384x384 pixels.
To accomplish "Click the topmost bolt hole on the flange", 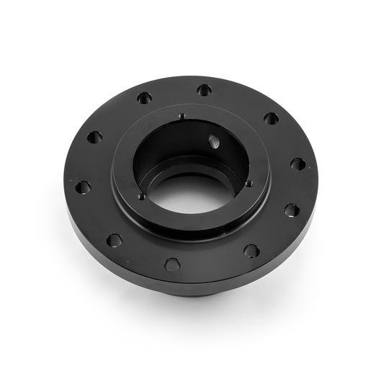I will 205,90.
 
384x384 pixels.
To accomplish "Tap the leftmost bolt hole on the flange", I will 83,187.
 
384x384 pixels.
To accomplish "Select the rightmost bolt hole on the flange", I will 298,164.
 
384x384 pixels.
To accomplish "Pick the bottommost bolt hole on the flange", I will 172,264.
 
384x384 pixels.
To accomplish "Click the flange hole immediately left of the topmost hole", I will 145,97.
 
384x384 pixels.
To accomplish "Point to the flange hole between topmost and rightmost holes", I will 271,118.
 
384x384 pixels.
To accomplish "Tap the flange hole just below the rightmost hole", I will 291,210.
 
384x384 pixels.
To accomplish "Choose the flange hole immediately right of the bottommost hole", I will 251,251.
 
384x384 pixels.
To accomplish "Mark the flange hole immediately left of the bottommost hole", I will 114,240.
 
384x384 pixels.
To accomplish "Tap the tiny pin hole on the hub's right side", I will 249,183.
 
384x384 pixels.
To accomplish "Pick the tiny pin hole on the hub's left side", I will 142,196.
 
